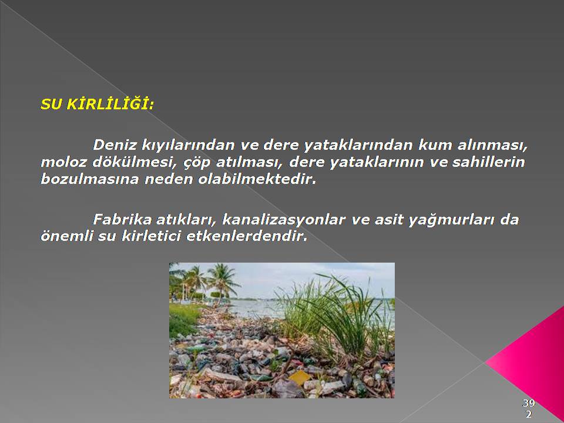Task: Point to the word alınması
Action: [492, 145]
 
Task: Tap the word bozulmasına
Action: [89, 179]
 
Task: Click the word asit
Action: [388, 219]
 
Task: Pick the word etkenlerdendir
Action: [247, 236]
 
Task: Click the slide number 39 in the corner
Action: [529, 403]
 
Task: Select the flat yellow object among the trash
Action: [299, 378]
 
